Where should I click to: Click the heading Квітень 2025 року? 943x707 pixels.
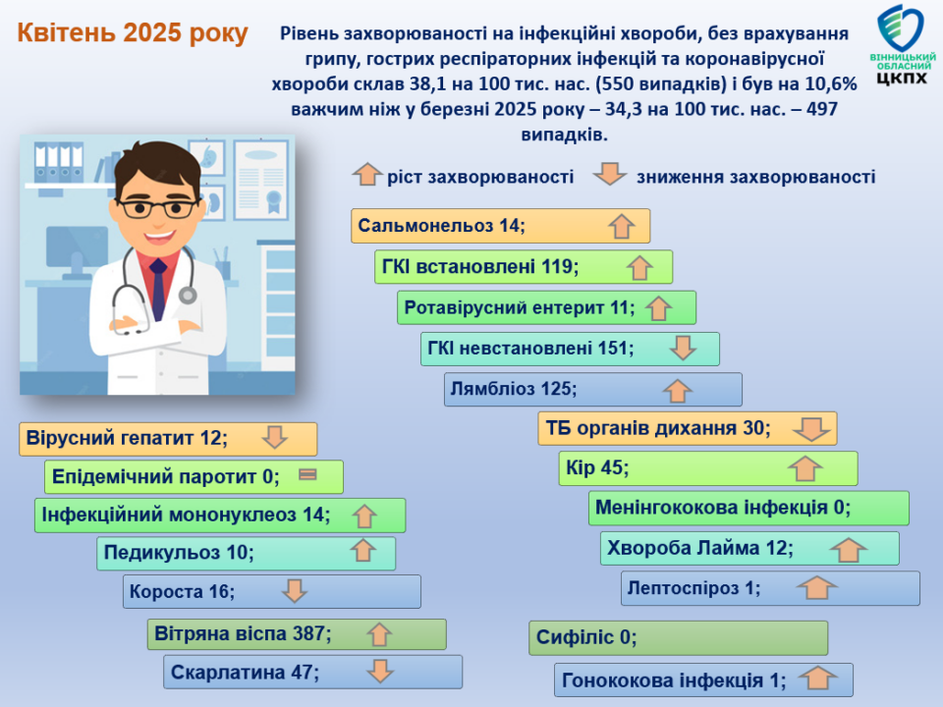pos(133,33)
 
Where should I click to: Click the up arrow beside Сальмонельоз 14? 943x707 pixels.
pos(621,227)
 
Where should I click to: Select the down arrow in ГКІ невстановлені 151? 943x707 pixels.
pos(683,348)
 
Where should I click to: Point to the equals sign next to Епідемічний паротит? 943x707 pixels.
pos(307,475)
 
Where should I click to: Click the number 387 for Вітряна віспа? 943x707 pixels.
pos(309,633)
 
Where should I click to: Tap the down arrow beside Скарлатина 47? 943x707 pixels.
pos(380,671)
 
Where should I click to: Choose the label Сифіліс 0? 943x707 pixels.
pos(586,637)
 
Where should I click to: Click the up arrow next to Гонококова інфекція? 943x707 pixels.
pos(818,679)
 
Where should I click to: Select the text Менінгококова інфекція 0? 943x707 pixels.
pos(723,508)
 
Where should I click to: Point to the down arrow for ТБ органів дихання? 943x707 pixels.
pos(812,429)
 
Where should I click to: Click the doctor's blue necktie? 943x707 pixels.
pos(158,290)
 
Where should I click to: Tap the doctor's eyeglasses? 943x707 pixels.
pos(158,208)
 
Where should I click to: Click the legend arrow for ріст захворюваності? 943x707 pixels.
pos(366,175)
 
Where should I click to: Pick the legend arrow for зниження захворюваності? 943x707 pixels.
pos(610,173)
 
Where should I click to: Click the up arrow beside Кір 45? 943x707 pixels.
pos(805,468)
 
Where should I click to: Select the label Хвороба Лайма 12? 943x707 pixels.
pos(700,548)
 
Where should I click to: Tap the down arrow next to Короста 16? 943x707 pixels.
pos(295,590)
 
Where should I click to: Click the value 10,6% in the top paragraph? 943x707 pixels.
pos(831,83)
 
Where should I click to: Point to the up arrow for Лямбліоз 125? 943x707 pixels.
pos(678,390)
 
